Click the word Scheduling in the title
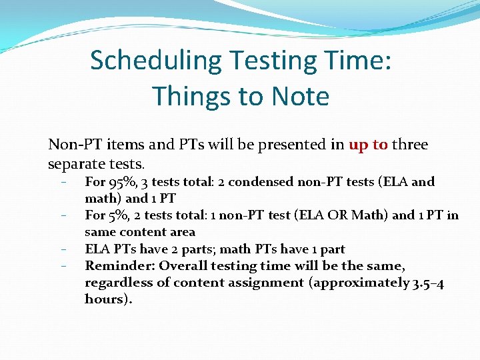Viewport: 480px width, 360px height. point(156,61)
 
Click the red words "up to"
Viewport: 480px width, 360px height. point(368,145)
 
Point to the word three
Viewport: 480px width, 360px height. point(410,145)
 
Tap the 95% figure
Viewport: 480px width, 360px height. point(122,181)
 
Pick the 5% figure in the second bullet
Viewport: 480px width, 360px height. point(119,215)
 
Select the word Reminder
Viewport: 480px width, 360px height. point(118,265)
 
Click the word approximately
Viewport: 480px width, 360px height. point(360,283)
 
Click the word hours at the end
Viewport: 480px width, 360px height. point(107,299)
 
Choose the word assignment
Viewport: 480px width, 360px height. point(266,283)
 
